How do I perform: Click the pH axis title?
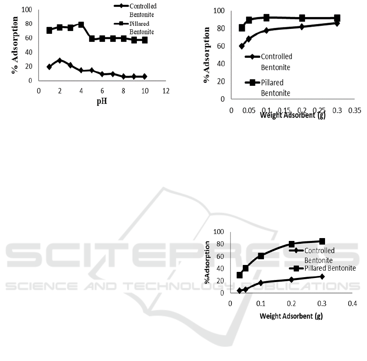(102, 102)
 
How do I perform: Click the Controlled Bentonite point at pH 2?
(60, 60)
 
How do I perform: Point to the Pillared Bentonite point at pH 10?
(145, 40)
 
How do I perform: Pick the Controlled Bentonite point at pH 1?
(49, 67)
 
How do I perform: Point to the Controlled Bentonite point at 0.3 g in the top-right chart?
(337, 23)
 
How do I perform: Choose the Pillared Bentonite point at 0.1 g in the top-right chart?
(266, 18)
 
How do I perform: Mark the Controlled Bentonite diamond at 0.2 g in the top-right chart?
(302, 26)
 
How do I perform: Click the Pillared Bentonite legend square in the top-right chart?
(252, 83)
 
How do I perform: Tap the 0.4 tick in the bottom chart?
(352, 304)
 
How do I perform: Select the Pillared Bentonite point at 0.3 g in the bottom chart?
(322, 241)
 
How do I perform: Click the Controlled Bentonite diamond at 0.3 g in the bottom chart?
(322, 276)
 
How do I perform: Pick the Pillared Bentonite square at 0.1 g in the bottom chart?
(261, 256)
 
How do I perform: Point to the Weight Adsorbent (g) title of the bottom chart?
(291, 316)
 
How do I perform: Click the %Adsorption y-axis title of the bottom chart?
(208, 263)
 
